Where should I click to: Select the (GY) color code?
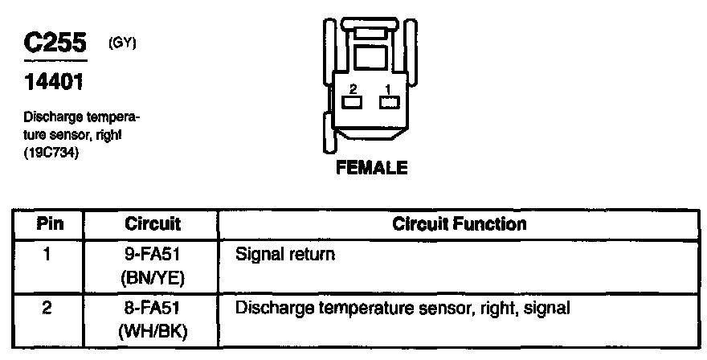pyautogui.click(x=123, y=43)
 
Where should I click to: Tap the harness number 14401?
pyautogui.click(x=54, y=83)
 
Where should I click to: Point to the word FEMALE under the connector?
pyautogui.click(x=372, y=169)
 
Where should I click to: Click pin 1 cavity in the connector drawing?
pyautogui.click(x=390, y=102)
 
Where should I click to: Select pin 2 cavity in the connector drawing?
pyautogui.click(x=352, y=102)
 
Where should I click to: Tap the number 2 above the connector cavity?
pyautogui.click(x=352, y=89)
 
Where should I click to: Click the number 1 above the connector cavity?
pyautogui.click(x=389, y=89)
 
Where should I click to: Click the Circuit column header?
pyautogui.click(x=153, y=223)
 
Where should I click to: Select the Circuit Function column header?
pyautogui.click(x=460, y=223)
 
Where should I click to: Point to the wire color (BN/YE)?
pyautogui.click(x=153, y=278)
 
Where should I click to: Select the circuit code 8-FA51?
pyautogui.click(x=153, y=307)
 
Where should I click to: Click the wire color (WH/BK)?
pyautogui.click(x=153, y=329)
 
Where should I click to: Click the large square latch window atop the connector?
pyautogui.click(x=370, y=57)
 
